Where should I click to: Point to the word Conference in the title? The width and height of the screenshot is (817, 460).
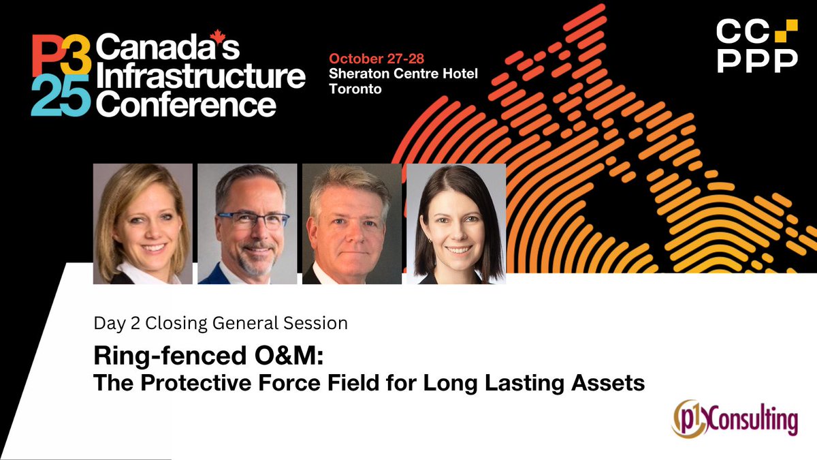coord(186,104)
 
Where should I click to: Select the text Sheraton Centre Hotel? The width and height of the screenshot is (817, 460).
coord(403,73)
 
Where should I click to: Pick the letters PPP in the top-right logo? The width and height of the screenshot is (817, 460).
coord(758,61)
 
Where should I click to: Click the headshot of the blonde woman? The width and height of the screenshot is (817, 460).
coord(142,224)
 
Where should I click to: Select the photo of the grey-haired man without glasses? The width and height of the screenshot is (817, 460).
coord(351,224)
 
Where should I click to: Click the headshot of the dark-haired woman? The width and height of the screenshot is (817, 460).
coord(455,224)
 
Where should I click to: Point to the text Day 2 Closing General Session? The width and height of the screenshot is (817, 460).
coord(221,322)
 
